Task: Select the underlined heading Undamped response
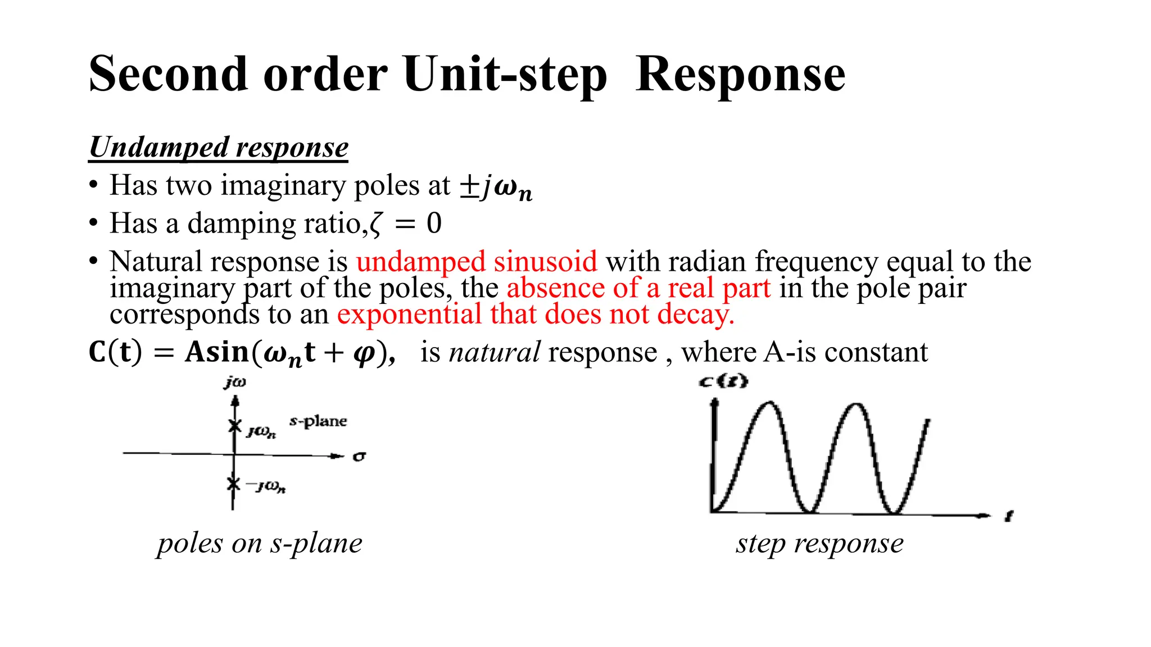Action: click(219, 148)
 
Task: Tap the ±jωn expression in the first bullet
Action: click(496, 187)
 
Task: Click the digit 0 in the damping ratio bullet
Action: click(434, 224)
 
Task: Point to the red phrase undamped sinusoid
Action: click(477, 262)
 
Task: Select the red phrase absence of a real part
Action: click(638, 288)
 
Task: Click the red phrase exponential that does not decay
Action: click(536, 314)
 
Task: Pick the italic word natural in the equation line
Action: click(495, 353)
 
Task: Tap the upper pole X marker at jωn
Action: click(235, 426)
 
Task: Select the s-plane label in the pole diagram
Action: click(318, 421)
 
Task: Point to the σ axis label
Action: click(359, 457)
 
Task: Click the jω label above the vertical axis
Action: click(235, 382)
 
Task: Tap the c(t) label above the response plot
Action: click(723, 381)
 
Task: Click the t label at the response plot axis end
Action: click(1009, 516)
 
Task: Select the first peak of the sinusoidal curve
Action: click(769, 403)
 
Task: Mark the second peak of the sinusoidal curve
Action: click(856, 404)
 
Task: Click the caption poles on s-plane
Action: click(260, 544)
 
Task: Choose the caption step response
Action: click(820, 544)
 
